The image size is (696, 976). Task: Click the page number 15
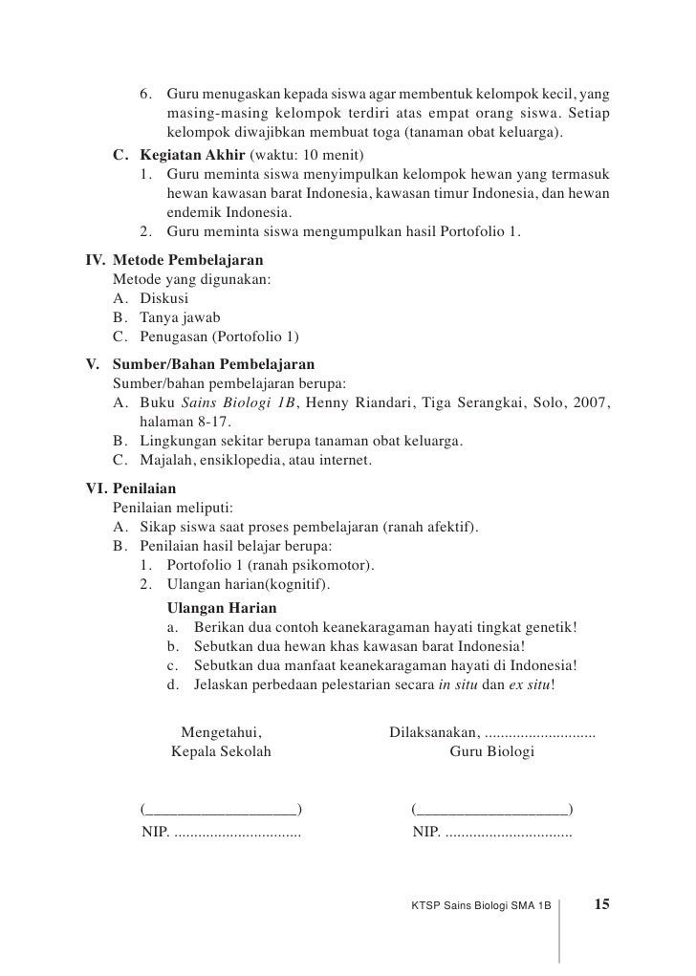(x=603, y=903)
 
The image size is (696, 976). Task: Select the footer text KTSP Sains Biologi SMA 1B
(x=481, y=904)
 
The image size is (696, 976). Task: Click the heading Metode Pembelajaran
(x=188, y=261)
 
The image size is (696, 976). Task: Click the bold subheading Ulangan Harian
(x=222, y=608)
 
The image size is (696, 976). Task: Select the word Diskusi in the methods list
(x=164, y=298)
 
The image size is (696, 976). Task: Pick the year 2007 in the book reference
(x=592, y=402)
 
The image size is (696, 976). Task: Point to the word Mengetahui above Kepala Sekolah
(x=222, y=733)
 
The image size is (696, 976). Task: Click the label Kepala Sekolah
(x=221, y=752)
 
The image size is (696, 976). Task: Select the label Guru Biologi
(x=491, y=752)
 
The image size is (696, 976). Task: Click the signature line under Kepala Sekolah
(x=221, y=811)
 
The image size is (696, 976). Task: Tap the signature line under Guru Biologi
(x=491, y=811)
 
